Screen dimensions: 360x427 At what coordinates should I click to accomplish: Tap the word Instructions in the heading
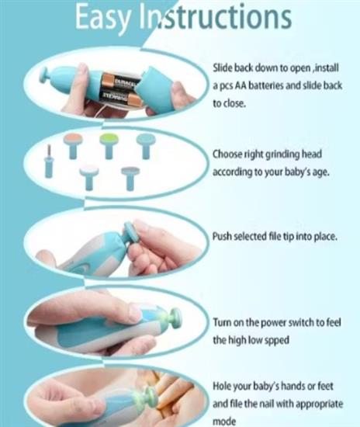[216, 17]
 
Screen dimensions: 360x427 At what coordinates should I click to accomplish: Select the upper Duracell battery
[121, 82]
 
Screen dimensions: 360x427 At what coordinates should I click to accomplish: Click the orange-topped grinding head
[73, 145]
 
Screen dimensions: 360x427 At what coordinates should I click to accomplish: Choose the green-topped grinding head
[109, 145]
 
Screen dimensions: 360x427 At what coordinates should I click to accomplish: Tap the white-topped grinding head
[89, 177]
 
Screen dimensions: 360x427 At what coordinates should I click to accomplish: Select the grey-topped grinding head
[130, 179]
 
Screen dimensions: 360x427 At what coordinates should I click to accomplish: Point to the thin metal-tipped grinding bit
[49, 161]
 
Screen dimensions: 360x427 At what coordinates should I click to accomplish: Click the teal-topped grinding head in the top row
[146, 146]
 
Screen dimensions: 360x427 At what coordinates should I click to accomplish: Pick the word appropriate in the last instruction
[319, 404]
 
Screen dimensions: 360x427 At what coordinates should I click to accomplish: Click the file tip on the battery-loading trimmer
[46, 75]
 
